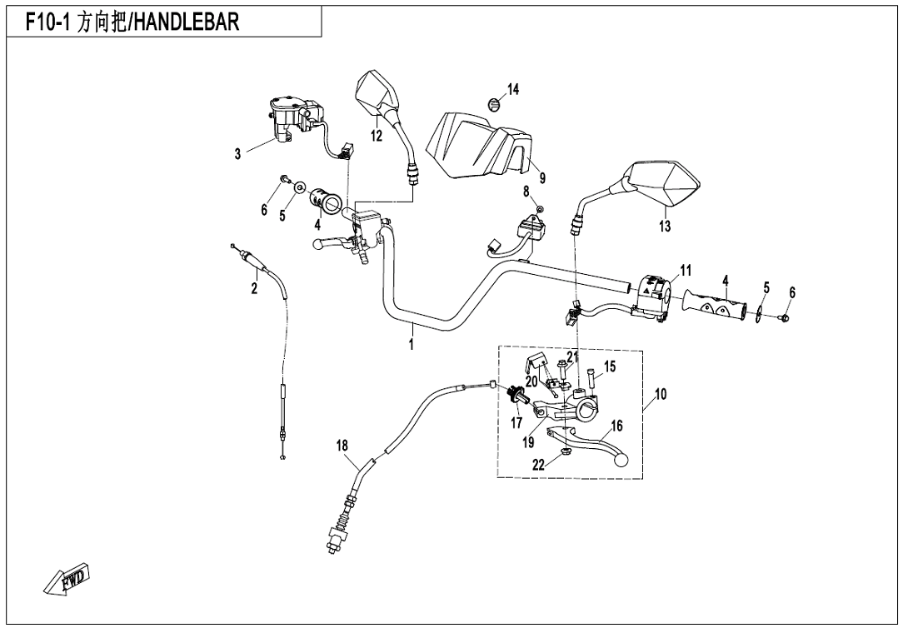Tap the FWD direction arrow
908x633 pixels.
pos(67,581)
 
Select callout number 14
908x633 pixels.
pos(513,90)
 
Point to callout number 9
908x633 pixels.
pos(541,177)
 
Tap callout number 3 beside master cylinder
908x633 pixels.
pos(237,153)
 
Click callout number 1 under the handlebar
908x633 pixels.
pos(412,344)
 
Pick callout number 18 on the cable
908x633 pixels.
pos(342,446)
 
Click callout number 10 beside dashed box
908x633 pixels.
pos(661,394)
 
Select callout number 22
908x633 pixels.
pos(539,465)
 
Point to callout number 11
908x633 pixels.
pos(686,270)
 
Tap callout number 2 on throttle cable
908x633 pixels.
pos(255,289)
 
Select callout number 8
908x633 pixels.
pos(526,192)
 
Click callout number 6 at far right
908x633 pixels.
pos(792,292)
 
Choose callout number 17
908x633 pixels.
pos(516,422)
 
